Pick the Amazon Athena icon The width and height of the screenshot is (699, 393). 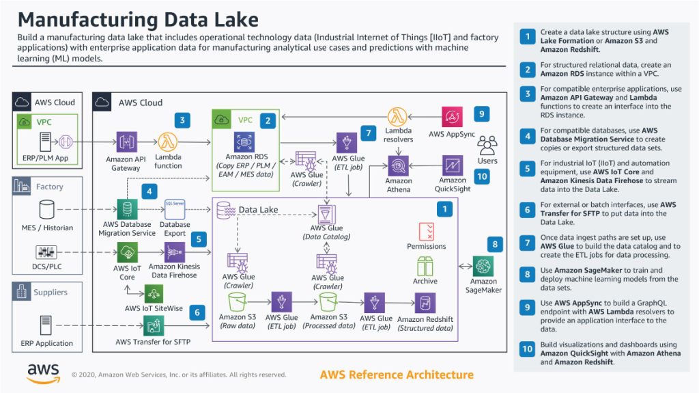[398, 165]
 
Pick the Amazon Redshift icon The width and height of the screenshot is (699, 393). [425, 302]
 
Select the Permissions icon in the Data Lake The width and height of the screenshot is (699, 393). [426, 230]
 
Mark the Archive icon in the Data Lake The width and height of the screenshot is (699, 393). [425, 266]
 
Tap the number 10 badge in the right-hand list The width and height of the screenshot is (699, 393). [527, 349]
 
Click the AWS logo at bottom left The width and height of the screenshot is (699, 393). [43, 372]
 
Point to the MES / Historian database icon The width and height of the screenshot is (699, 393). [46, 208]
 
